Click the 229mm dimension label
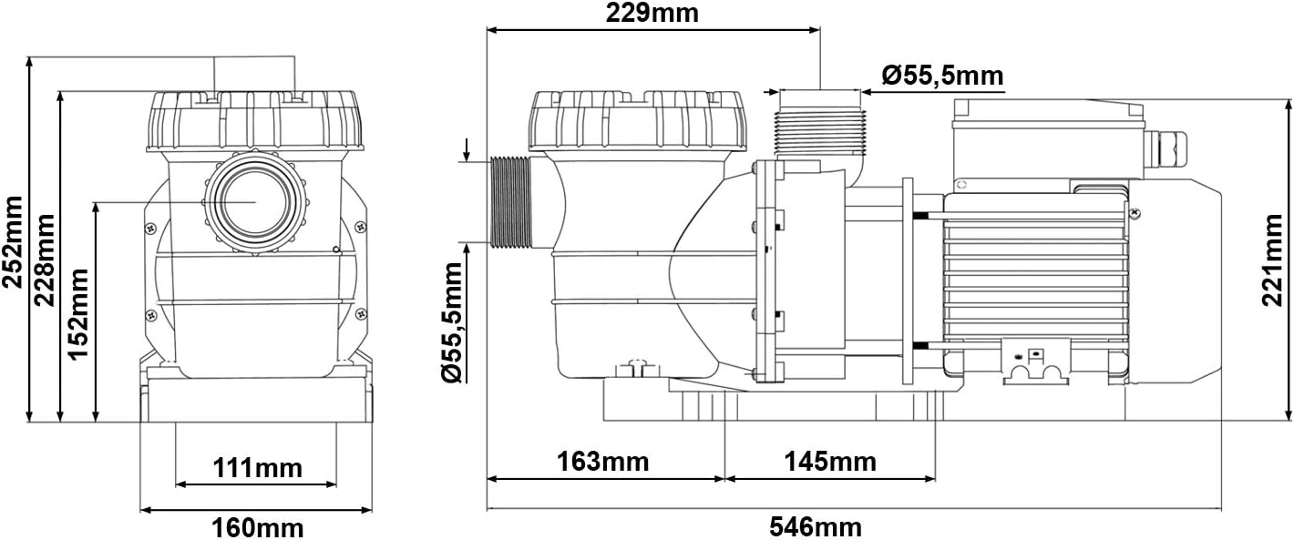pyautogui.click(x=652, y=14)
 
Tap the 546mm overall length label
pyautogui.click(x=815, y=526)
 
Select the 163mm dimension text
pyautogui.click(x=602, y=462)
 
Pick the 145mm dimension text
pyautogui.click(x=829, y=462)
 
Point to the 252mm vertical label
pyautogui.click(x=12, y=241)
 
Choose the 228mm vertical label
pyautogui.click(x=45, y=260)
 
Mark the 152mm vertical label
pyautogui.click(x=78, y=314)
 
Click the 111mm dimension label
pyautogui.click(x=257, y=468)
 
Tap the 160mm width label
pyautogui.click(x=257, y=527)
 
